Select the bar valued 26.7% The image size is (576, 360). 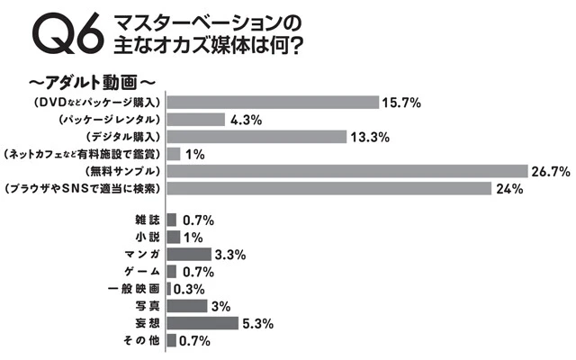pos(346,171)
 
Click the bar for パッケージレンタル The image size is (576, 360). pos(195,119)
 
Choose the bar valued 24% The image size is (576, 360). pos(328,188)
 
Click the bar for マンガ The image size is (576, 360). pos(188,254)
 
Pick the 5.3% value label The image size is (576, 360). pos(257,323)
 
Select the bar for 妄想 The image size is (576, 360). pos(202,323)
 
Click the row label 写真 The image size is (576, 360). pos(145,306)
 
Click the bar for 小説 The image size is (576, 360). pos(173,237)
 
